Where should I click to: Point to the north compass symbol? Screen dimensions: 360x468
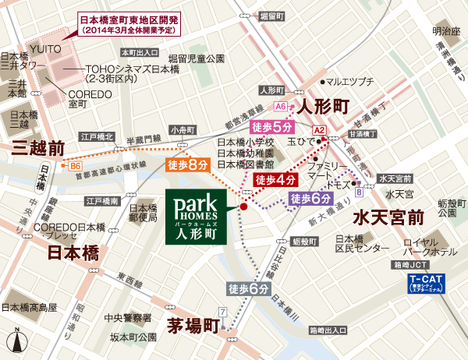(16, 341)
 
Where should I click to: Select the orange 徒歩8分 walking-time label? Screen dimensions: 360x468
(188, 164)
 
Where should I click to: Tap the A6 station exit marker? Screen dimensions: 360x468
(281, 106)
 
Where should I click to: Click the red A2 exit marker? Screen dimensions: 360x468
(318, 129)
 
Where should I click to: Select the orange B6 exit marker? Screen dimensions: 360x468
(76, 166)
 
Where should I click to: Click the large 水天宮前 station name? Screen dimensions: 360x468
(388, 216)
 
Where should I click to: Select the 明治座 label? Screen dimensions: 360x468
(447, 31)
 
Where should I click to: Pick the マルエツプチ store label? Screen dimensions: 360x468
(349, 81)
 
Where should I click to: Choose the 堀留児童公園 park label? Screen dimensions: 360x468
(197, 58)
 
